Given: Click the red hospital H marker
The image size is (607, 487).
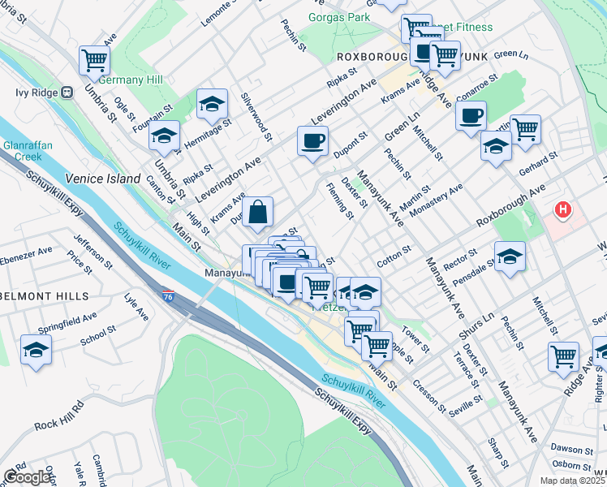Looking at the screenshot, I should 562,211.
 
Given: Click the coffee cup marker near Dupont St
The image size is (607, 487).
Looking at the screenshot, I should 312,142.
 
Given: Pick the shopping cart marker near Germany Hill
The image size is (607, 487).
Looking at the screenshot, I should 95,60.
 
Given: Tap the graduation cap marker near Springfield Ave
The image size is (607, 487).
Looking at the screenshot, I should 36,350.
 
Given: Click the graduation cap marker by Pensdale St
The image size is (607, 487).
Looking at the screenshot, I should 510,256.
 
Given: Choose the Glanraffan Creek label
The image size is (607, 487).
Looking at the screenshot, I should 28,150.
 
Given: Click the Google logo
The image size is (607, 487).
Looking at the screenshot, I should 27,477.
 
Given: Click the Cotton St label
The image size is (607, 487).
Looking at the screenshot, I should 394,258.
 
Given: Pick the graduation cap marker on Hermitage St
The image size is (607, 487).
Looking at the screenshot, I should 212,104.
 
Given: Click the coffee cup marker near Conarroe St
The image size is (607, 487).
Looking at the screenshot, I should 471,115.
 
